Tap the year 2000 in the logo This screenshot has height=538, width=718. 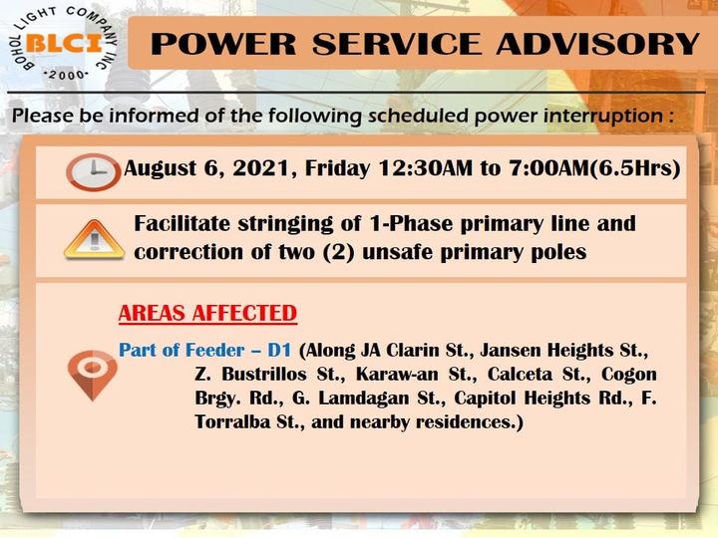click(67, 75)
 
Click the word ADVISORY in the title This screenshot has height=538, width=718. click(597, 44)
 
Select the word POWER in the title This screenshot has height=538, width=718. click(223, 44)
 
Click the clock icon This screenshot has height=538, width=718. click(94, 172)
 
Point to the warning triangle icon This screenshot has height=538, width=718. click(95, 240)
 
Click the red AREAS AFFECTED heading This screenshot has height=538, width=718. click(207, 314)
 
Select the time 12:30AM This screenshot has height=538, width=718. click(426, 168)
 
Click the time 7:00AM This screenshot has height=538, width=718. click(548, 168)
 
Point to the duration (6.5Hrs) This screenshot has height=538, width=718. click(634, 168)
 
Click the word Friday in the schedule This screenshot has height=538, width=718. click(337, 168)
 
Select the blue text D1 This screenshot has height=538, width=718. click(279, 351)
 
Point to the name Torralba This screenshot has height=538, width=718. click(232, 421)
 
